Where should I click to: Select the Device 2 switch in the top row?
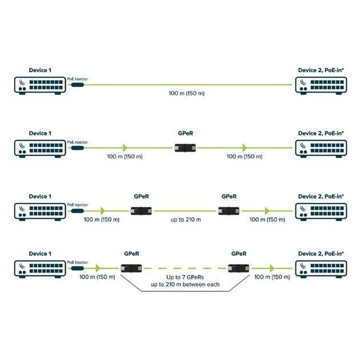(321, 85)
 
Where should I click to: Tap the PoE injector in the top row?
(76, 85)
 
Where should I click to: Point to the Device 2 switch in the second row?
(321, 148)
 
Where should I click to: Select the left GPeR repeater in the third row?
(140, 211)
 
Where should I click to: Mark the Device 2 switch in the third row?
(321, 211)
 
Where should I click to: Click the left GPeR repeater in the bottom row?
(131, 268)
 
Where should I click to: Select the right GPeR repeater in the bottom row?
(238, 268)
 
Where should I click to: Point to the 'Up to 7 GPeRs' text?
(184, 277)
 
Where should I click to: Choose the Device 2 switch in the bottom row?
(321, 268)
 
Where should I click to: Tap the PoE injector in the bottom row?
(76, 268)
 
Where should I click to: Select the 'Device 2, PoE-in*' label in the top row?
(321, 70)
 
